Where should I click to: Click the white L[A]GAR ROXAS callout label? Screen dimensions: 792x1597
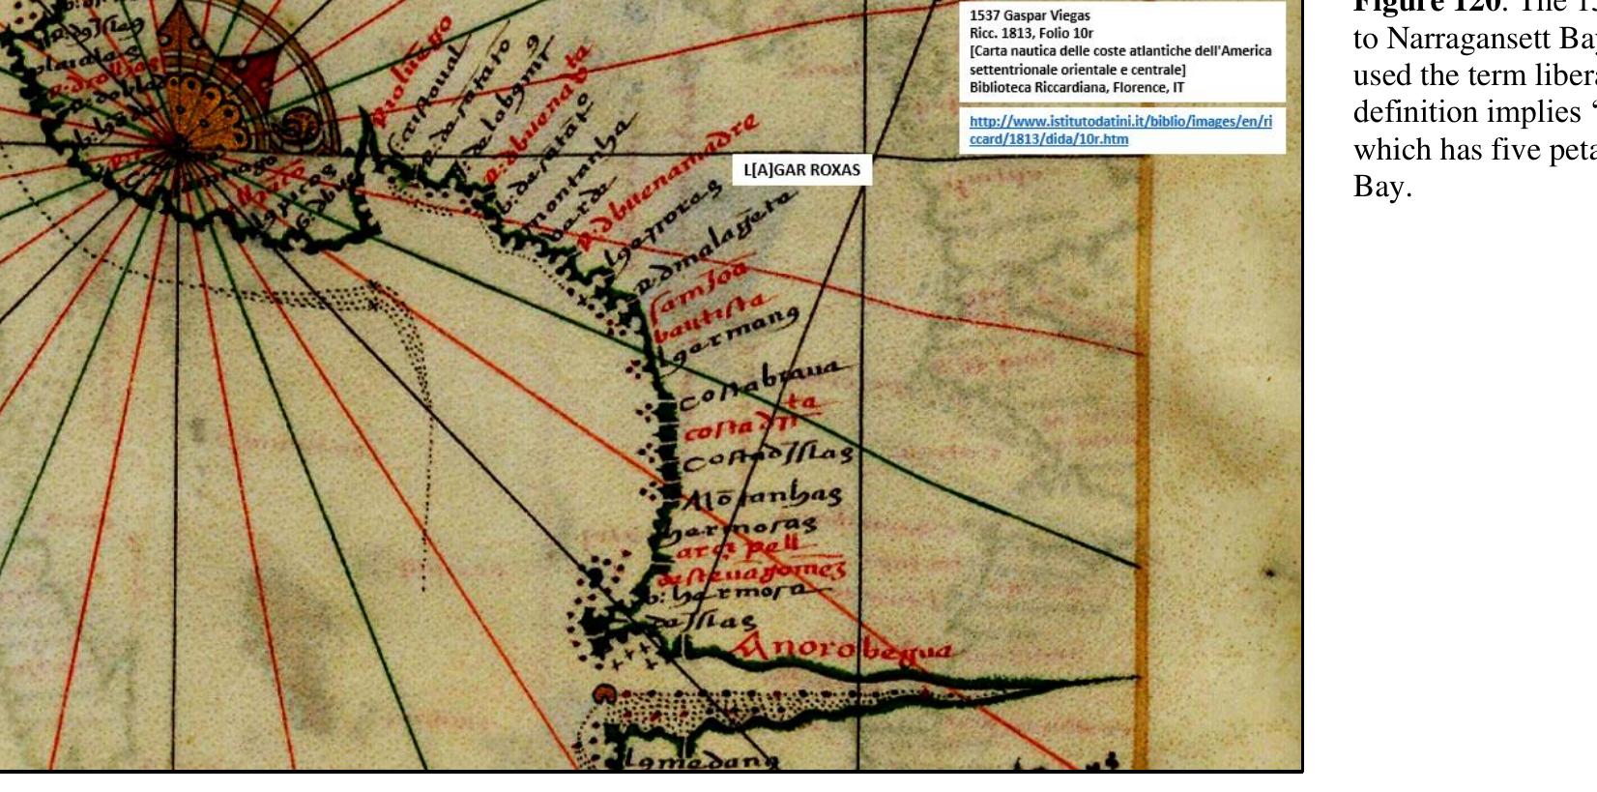(x=801, y=170)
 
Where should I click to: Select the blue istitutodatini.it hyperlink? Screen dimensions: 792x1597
(x=1120, y=130)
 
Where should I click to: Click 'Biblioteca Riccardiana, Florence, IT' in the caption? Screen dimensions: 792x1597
(x=1077, y=87)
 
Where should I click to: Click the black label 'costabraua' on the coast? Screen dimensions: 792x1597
(x=764, y=383)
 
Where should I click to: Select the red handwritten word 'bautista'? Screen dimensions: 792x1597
(x=710, y=316)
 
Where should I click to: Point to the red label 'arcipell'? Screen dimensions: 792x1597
(x=737, y=547)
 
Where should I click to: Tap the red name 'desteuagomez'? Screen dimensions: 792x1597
(x=752, y=572)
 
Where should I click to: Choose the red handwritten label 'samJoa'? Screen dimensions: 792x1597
(x=698, y=289)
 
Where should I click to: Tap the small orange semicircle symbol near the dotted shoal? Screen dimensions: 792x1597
(x=604, y=693)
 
